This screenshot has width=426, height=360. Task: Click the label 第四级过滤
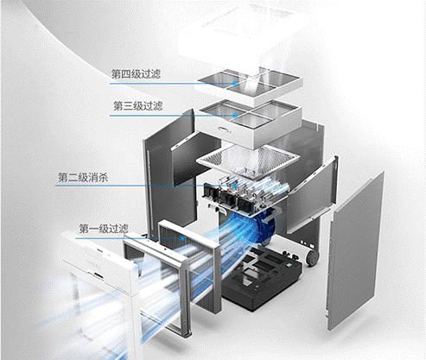136,74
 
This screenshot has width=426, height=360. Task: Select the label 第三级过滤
138,106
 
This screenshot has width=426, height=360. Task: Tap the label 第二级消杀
83,177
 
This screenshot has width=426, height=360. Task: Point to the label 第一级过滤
104,229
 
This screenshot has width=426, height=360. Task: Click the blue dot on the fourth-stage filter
236,84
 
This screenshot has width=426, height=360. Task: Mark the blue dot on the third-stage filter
235,116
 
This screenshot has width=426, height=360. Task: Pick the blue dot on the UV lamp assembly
235,186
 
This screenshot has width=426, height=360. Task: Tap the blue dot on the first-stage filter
182,238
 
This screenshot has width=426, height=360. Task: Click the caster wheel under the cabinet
312,256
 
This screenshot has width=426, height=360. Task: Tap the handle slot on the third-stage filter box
225,129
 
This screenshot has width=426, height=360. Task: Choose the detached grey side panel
356,251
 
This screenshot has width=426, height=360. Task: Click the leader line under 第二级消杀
145,186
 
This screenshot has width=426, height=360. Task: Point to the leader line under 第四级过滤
173,84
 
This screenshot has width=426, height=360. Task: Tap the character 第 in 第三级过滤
118,106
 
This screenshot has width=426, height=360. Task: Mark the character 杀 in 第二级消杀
103,177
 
